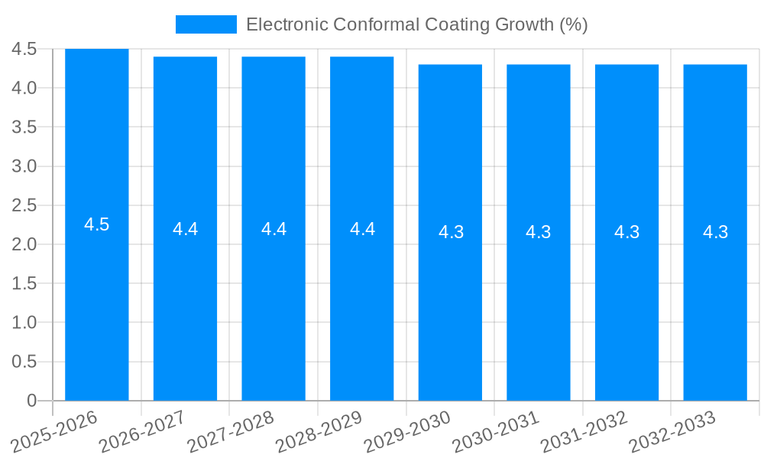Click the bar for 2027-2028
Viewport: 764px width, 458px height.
[274, 305]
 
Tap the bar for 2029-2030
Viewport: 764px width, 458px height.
[450, 305]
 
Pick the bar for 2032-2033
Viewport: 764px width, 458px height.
[715, 305]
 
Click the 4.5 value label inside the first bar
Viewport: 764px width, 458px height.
[97, 224]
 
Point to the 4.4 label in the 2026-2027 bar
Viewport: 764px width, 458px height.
[185, 229]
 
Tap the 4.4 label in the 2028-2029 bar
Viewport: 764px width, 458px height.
[362, 229]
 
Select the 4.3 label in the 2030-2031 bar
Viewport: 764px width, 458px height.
[539, 232]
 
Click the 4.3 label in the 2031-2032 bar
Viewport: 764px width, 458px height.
[626, 232]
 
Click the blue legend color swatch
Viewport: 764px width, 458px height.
[206, 24]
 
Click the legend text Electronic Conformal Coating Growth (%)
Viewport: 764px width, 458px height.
[416, 24]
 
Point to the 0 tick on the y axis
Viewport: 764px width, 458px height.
[31, 400]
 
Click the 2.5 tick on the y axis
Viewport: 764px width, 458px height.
[24, 205]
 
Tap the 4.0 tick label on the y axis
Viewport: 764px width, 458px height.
[24, 88]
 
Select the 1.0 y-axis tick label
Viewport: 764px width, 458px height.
[24, 322]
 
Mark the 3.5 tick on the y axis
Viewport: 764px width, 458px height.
[24, 127]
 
